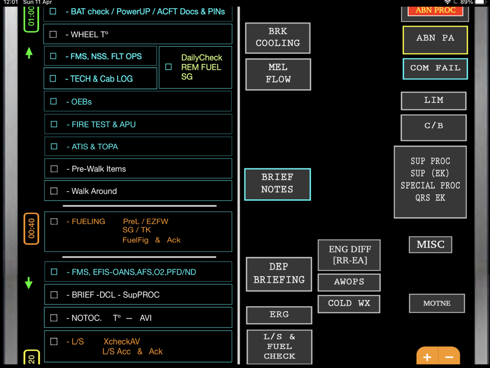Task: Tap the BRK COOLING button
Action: tap(278, 37)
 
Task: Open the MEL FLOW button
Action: tap(278, 74)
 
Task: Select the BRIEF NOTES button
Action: tap(277, 184)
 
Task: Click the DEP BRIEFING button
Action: tap(279, 274)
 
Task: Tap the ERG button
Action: tap(279, 315)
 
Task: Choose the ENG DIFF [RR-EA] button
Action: tap(349, 255)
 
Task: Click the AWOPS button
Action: tap(349, 282)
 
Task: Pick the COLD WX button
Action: tap(349, 303)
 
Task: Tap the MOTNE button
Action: tap(437, 303)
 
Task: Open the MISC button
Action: tap(430, 244)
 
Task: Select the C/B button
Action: tap(433, 126)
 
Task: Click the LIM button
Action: tap(433, 101)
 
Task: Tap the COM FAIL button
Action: tap(435, 68)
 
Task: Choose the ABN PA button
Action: tap(435, 39)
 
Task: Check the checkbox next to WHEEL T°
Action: tap(53, 34)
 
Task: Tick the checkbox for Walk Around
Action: tap(54, 191)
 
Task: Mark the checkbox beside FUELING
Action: tap(54, 221)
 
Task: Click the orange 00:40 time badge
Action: tap(31, 229)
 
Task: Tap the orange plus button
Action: tap(427, 357)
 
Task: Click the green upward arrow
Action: tap(29, 53)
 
